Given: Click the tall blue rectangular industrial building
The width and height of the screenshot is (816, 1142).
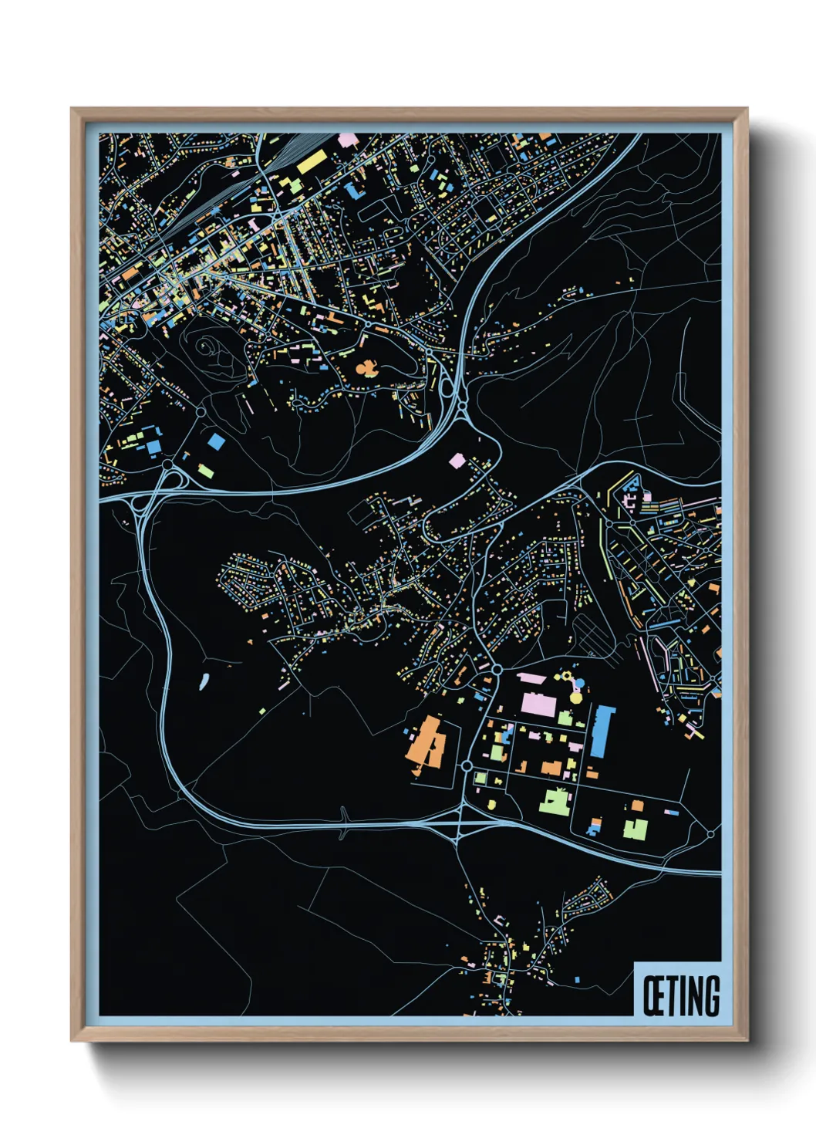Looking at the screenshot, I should (x=602, y=730).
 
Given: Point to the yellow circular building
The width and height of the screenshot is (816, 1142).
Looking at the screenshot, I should (x=575, y=698).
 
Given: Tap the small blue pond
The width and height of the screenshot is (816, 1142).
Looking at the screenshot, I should (x=204, y=681).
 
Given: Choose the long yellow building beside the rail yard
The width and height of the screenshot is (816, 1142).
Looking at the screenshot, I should (x=312, y=162).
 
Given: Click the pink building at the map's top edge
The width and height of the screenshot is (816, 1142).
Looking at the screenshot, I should (x=348, y=140).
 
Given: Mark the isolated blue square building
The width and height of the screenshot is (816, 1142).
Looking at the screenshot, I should (x=217, y=441).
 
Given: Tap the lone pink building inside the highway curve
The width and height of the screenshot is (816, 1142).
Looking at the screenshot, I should (x=457, y=461).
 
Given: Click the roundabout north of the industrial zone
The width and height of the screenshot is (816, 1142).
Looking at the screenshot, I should (x=497, y=669).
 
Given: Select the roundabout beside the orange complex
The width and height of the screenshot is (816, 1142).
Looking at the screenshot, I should (x=467, y=765).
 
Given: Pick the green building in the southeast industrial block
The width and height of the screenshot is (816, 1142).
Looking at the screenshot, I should (x=635, y=829).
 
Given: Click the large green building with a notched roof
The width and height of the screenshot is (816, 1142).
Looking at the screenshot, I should (x=555, y=802).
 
